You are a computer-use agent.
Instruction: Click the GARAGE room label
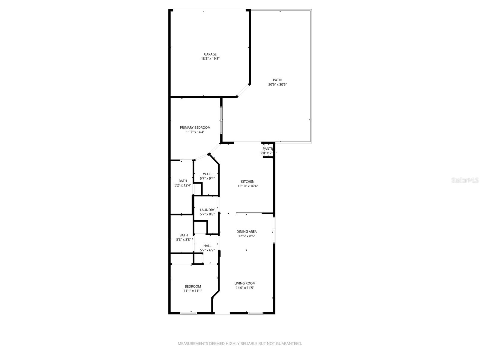pos(210,54)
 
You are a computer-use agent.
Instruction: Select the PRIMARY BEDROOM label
pos(195,127)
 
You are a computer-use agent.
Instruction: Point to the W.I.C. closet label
pos(207,174)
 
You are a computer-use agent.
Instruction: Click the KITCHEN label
pos(247,181)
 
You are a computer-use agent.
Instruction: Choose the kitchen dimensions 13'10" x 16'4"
pos(247,186)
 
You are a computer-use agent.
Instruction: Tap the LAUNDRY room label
pos(207,210)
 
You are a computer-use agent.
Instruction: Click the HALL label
pos(207,246)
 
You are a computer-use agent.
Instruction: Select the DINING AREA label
pos(246,232)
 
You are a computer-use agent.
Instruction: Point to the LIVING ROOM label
pos(245,283)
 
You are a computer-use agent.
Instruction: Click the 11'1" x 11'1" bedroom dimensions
pos(193,291)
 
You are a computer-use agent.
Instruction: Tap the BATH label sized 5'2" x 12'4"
pos(183,181)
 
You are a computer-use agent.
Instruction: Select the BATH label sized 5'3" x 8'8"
pos(184,235)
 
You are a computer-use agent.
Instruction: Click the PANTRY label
pos(268,149)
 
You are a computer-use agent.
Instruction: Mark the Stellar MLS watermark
pos(465,180)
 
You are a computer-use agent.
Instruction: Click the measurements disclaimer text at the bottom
pos(240,343)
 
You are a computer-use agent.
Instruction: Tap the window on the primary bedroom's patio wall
pos(221,120)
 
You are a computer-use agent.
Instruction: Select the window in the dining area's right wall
pos(274,230)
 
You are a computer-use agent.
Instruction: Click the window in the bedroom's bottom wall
pos(188,313)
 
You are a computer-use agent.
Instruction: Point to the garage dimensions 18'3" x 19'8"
pos(210,59)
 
